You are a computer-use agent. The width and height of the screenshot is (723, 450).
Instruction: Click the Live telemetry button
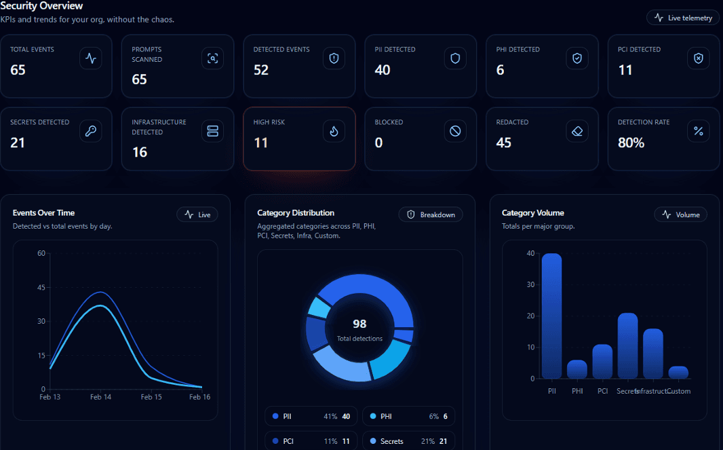coord(683,18)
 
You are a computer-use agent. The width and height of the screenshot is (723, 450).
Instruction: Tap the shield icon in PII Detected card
coord(455,59)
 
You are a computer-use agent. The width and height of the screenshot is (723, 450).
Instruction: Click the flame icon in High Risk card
coord(334,132)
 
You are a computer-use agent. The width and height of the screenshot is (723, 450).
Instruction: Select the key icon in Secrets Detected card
coord(91,132)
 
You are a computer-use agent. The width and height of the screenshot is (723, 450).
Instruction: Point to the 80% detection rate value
coord(631,143)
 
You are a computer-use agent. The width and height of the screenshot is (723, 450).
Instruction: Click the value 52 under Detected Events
coord(261,70)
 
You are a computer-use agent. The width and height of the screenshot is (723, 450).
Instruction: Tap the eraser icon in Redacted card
coord(577,132)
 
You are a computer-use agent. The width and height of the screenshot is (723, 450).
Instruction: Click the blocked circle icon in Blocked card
coord(455,132)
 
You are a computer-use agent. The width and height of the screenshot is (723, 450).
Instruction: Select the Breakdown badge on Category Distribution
coord(431,214)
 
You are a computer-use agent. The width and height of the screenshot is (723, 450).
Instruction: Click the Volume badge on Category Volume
coord(680,214)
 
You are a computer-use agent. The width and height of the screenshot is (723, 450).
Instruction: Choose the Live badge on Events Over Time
coord(197,214)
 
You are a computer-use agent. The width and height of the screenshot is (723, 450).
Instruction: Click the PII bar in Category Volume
coord(551,316)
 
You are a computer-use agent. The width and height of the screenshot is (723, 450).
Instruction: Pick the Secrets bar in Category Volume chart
coord(627,345)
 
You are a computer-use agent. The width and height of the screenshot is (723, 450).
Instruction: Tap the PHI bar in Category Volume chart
coord(577,369)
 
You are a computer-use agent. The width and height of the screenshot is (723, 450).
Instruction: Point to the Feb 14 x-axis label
coord(100,397)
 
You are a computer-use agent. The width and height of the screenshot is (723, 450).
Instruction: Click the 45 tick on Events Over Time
coord(41,288)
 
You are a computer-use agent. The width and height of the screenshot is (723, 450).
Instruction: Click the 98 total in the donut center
coord(359,324)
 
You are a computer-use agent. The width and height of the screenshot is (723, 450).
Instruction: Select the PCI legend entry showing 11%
coord(311,441)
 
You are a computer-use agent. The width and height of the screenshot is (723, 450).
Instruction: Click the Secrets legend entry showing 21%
coord(408,441)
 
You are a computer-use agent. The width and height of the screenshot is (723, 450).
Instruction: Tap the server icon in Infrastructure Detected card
coord(212,132)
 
